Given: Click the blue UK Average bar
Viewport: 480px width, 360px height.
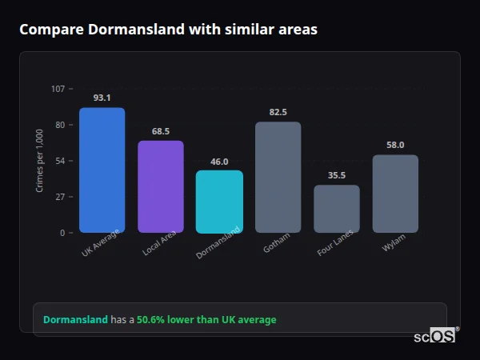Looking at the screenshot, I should [x=102, y=170].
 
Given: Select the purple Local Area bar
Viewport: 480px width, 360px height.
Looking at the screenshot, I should [x=161, y=186].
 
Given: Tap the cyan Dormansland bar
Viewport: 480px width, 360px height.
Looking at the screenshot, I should [x=219, y=202].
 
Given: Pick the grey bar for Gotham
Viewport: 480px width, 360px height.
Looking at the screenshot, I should [x=278, y=178].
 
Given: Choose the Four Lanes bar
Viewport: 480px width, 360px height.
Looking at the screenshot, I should [x=337, y=209].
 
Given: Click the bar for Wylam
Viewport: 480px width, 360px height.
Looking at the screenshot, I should [x=395, y=194].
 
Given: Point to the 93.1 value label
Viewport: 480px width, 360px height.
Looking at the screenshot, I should [x=102, y=98].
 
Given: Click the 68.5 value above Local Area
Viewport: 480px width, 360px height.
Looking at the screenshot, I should [x=161, y=131].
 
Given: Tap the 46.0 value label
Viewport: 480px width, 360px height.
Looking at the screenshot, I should [x=219, y=162].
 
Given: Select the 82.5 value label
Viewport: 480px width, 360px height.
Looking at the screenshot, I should [x=278, y=112].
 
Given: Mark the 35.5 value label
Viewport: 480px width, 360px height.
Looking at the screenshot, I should [x=337, y=176].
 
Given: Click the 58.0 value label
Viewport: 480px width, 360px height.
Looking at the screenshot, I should [x=395, y=145].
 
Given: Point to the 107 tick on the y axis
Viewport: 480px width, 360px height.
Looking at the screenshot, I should [x=58, y=89].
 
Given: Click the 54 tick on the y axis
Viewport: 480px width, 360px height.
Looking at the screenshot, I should [x=60, y=161].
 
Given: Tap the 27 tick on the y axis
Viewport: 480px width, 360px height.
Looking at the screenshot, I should [x=60, y=197].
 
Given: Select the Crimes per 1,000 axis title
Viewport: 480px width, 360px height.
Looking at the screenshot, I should [x=40, y=161].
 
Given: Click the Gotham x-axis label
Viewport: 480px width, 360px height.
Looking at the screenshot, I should [x=277, y=243].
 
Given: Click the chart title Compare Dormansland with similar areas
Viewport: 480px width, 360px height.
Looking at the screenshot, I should [x=168, y=30].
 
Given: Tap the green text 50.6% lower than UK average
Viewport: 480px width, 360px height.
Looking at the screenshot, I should [x=206, y=320].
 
